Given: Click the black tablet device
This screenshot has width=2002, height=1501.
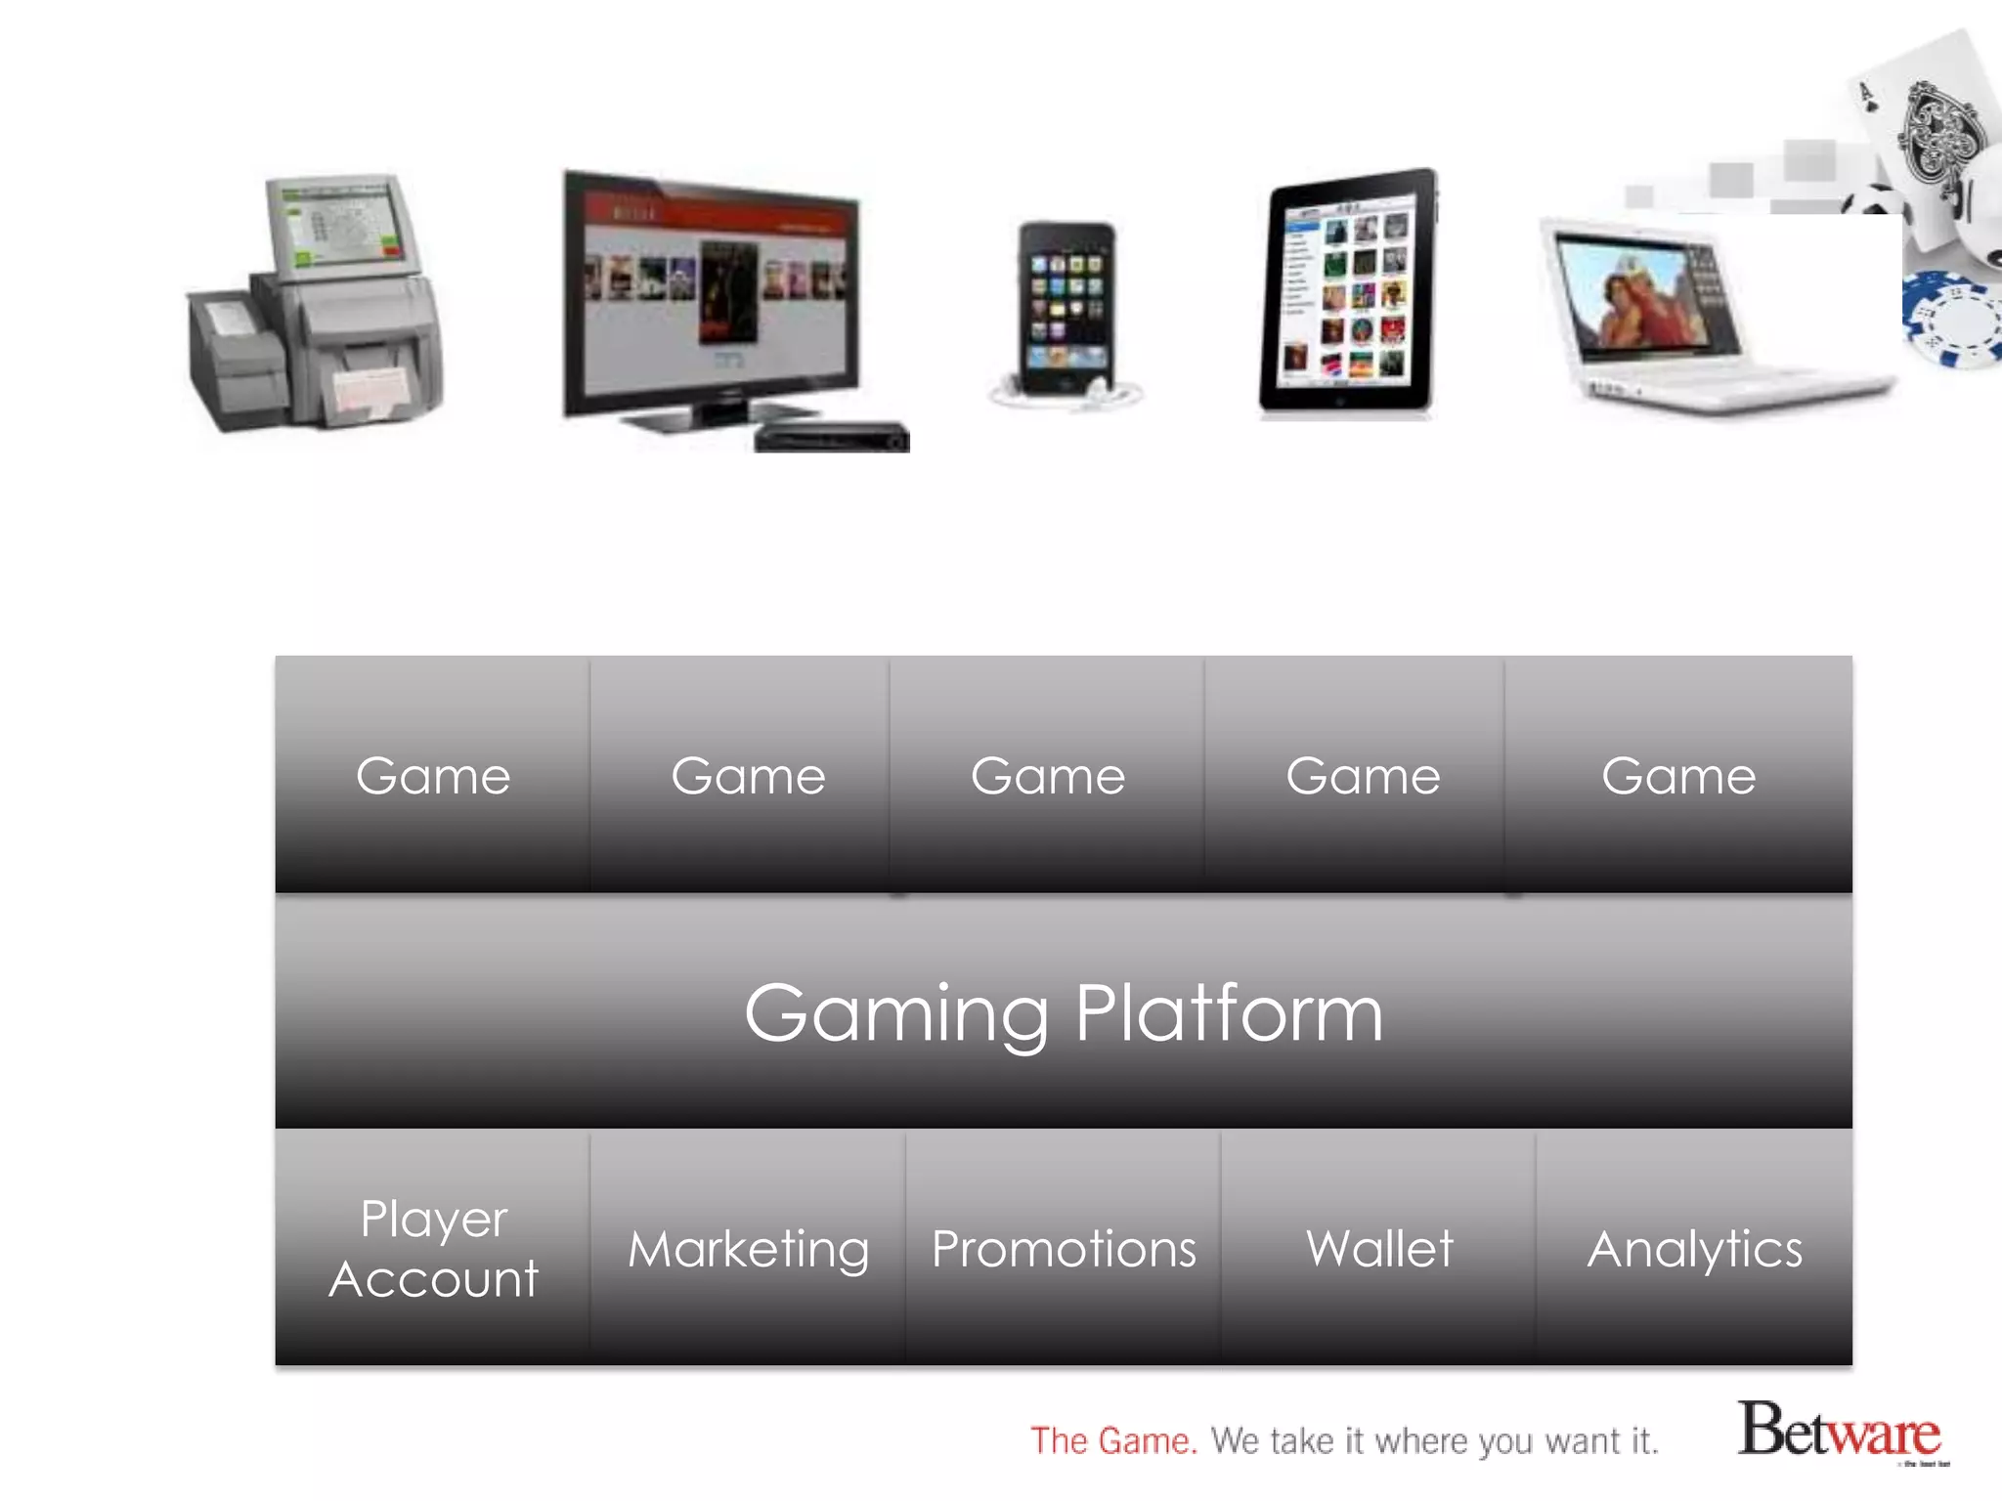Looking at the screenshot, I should (1349, 293).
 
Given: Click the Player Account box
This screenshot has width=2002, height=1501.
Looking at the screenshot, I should (433, 1248).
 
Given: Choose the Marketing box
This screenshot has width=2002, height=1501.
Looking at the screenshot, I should (748, 1248).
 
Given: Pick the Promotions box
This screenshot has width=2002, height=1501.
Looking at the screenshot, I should (1064, 1248).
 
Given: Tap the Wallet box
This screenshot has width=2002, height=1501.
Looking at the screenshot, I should (1379, 1248).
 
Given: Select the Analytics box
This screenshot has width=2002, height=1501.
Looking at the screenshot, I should (1694, 1248).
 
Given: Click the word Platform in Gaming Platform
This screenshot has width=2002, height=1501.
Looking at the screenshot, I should (1229, 1013).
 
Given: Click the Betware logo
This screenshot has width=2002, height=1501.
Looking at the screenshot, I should (1839, 1431).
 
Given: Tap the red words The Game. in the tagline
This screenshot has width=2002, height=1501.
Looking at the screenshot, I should (1113, 1440).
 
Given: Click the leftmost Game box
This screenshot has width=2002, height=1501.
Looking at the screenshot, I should (433, 776).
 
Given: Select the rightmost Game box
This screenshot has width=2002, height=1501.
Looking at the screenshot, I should (1677, 776).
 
